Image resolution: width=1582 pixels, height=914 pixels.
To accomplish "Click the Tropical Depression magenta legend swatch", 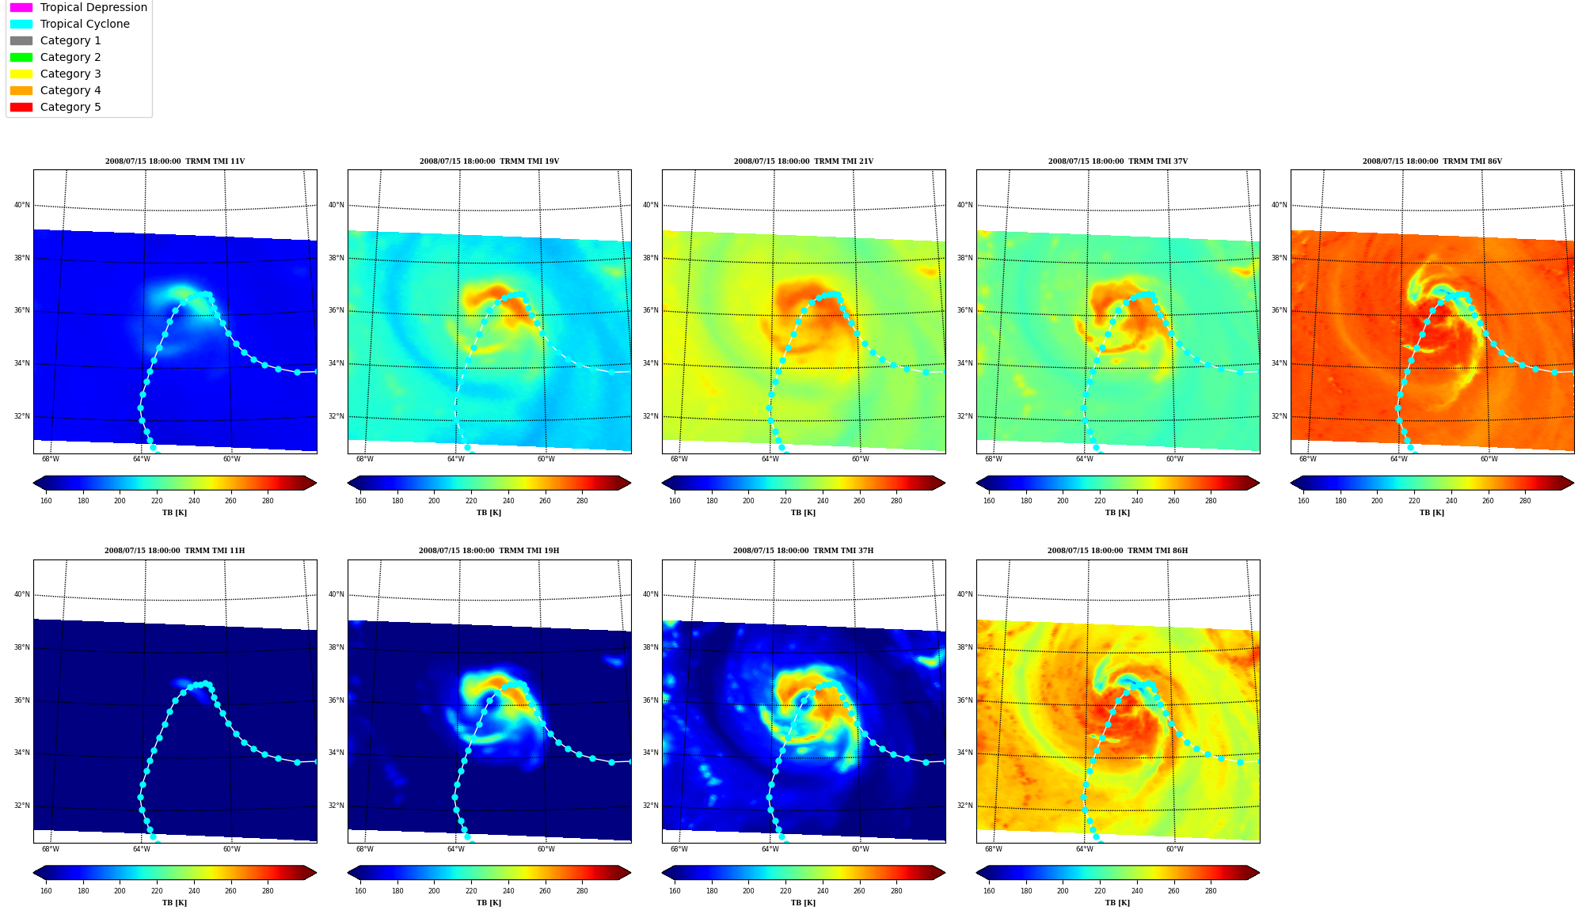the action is click(x=21, y=7).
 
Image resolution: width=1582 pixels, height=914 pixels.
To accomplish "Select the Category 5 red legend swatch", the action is click(x=21, y=107).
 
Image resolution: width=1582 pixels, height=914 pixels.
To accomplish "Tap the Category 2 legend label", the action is click(x=70, y=57).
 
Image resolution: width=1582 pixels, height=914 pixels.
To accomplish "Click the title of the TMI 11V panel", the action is click(x=175, y=161).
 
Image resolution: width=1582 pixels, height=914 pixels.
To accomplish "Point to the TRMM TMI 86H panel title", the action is click(x=1117, y=551).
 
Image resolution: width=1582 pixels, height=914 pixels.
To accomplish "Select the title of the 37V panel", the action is click(x=1118, y=161).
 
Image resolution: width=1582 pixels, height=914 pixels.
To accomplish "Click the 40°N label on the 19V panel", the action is click(x=337, y=205).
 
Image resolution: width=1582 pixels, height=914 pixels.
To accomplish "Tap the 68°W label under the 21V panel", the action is click(x=679, y=459).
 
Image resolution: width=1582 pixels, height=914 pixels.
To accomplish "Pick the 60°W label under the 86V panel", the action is click(x=1489, y=459).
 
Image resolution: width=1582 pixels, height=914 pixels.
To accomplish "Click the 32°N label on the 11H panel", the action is click(x=22, y=806).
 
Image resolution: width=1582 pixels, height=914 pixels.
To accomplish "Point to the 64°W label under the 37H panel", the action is click(x=770, y=849).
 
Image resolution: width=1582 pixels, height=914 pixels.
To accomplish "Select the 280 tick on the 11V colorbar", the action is click(x=268, y=500).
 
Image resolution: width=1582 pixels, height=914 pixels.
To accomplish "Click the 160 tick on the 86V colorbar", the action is click(x=1303, y=500).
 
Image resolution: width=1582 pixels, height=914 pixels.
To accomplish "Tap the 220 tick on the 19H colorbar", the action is click(x=471, y=891).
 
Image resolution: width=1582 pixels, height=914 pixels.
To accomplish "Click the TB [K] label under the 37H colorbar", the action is click(x=804, y=903).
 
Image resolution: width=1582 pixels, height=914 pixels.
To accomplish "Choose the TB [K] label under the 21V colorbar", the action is click(x=804, y=513).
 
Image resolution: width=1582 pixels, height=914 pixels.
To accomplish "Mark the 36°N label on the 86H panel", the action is click(x=965, y=700).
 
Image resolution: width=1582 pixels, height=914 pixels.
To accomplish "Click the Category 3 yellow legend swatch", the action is click(x=21, y=74).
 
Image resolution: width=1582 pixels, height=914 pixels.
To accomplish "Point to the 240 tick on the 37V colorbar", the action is click(x=1137, y=500).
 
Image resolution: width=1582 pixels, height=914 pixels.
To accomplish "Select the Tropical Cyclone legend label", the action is click(x=85, y=24).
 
